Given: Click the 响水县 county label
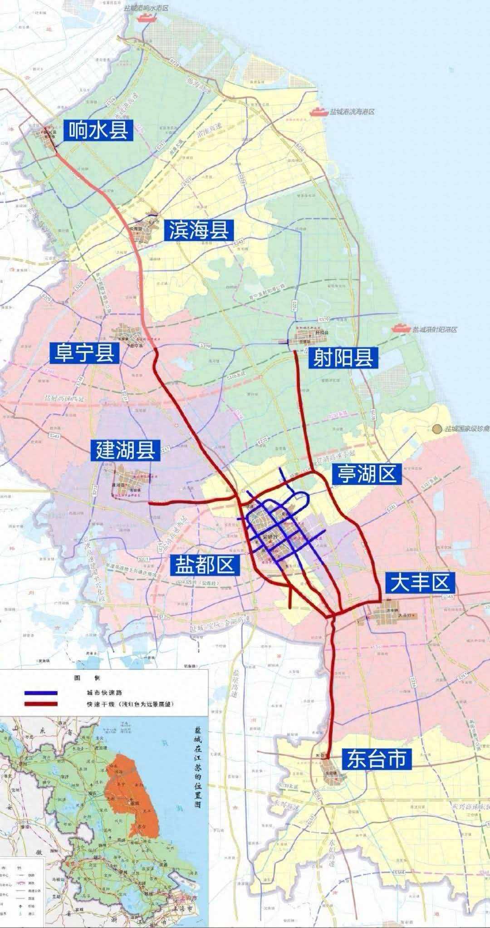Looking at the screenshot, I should click(98, 130).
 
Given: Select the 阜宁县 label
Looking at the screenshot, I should click(85, 352).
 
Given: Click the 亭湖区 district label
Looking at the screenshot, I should click(365, 474).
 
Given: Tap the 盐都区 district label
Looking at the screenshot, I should click(205, 565).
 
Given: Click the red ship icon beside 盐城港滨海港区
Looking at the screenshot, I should click(317, 111).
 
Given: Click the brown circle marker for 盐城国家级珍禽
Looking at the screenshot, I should click(437, 428).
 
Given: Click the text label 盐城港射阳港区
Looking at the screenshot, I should click(434, 329).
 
